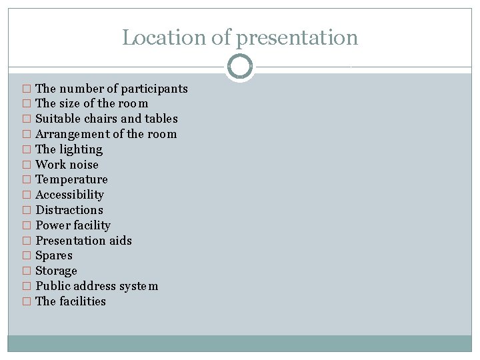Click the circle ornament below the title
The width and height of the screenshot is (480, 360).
point(240,67)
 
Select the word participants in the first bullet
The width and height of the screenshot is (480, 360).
point(154,89)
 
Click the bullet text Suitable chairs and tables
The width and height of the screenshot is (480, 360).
point(107,119)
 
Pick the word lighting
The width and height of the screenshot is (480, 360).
point(81,149)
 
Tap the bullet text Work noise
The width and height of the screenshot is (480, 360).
point(67,165)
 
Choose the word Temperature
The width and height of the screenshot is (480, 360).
point(71,179)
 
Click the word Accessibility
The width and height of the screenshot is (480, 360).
point(69,195)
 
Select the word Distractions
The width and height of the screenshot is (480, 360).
point(69,210)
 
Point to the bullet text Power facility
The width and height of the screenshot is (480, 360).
point(73,225)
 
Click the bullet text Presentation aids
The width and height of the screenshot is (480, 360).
point(83,241)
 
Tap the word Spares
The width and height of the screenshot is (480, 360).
point(54,255)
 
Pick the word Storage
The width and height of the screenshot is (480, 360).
point(56,271)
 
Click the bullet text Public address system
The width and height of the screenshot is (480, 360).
point(97,286)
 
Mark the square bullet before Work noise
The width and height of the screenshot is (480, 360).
point(27,165)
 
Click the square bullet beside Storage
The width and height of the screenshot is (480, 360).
point(27,271)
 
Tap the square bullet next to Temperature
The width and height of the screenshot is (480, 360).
point(27,180)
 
